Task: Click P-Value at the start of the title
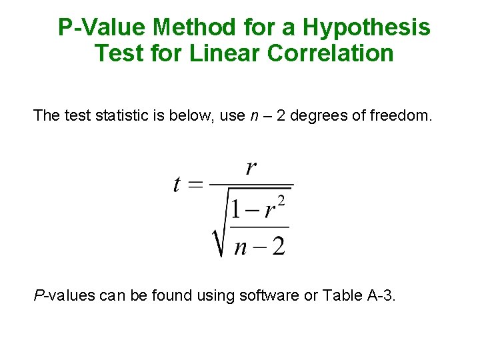[x=101, y=28]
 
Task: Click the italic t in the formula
[x=177, y=183]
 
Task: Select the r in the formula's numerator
[x=251, y=167]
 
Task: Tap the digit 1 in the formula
[x=235, y=209]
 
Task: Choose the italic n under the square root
[x=240, y=247]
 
